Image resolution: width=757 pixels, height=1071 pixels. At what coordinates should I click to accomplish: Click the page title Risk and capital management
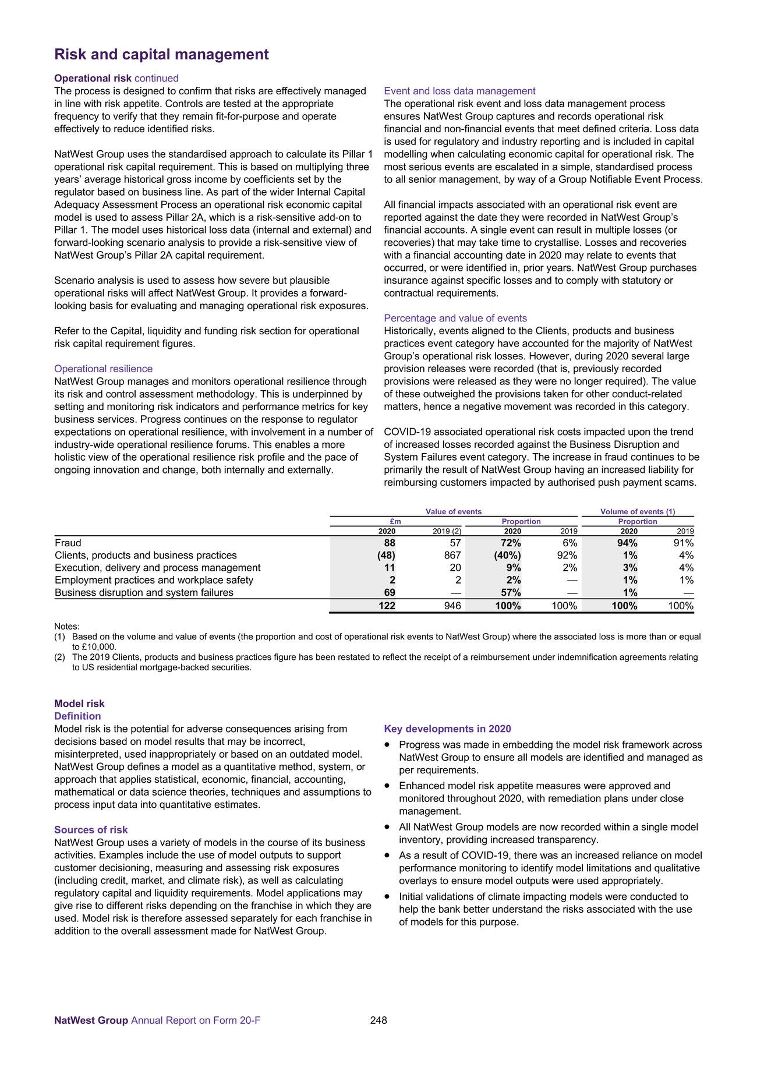point(161,55)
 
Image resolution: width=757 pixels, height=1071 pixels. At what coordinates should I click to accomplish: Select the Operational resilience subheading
point(103,369)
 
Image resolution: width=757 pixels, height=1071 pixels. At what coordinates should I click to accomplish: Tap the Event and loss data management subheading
point(459,91)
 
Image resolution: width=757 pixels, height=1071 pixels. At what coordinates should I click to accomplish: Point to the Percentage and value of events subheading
point(455,318)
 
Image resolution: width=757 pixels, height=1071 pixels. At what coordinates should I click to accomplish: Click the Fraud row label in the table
point(68,543)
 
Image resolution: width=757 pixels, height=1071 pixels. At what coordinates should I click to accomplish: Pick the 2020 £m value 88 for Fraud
point(389,543)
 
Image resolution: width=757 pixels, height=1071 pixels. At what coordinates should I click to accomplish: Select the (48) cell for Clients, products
point(386,555)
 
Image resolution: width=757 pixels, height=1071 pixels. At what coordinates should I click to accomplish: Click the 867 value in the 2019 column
point(452,555)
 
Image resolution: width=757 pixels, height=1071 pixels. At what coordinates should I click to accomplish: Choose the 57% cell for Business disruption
point(512,592)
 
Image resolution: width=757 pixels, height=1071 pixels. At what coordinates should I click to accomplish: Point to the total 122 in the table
point(386,606)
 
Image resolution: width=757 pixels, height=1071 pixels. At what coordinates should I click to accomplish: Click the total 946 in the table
point(452,606)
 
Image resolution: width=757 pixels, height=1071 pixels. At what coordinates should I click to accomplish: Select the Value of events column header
point(454,512)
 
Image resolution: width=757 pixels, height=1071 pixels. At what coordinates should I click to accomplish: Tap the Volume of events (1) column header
point(638,512)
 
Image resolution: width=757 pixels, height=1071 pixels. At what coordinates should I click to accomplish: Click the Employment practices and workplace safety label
point(154,580)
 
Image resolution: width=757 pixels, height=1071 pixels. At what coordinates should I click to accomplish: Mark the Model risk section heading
point(79,704)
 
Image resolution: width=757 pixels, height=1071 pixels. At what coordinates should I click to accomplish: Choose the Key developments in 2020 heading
point(447,729)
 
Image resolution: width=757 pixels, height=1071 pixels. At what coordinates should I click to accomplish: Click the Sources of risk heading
point(91,830)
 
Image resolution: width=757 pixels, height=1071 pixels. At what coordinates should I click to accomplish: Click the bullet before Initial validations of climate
point(387,897)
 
